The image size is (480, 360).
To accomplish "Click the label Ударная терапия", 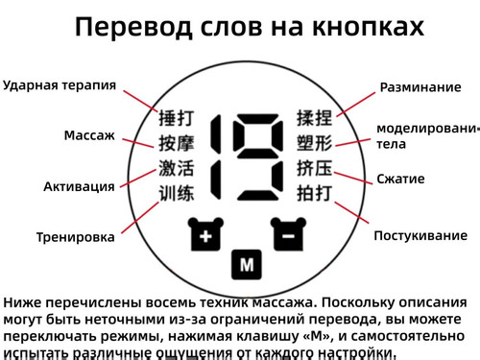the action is point(60,84).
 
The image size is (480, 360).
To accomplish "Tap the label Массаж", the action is point(89,135).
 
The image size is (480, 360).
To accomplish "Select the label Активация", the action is point(79,186).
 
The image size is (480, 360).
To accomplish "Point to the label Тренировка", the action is point(76,237).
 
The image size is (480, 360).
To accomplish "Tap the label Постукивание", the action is point(420,236).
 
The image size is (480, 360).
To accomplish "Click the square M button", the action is point(247,262).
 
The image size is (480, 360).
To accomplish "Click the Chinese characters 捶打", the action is point(177,120).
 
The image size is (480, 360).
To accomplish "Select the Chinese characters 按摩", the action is point(177,145).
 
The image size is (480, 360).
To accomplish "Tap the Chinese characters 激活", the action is point(177,169).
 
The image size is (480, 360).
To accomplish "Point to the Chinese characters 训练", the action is point(177,194).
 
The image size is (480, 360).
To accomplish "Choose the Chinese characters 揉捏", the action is point(314,120).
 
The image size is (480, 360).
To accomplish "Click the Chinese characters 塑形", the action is point(314,145).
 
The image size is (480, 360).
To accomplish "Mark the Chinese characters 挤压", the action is point(314,169).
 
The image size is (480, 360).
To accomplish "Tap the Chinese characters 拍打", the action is point(314,194).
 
